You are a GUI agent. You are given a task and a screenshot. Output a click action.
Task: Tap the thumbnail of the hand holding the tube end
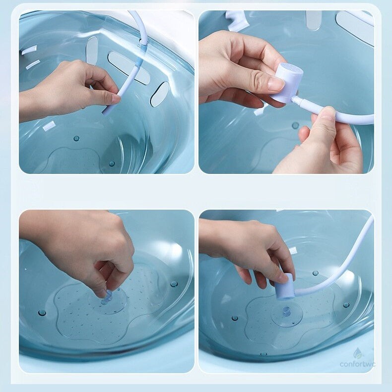point(115,99)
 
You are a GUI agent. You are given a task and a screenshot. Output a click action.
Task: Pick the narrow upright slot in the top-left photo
point(92,51)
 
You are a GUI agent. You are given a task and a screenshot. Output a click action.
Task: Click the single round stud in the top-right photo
point(296,125)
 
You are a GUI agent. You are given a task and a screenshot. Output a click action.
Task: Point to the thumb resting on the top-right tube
point(325,115)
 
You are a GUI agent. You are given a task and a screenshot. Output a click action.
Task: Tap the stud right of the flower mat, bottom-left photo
point(174,284)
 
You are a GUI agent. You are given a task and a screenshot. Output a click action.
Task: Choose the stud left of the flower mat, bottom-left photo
point(42,313)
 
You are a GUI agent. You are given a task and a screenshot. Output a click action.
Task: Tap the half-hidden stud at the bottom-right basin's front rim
point(263,354)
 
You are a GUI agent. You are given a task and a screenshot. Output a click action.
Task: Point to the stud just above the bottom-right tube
point(316,273)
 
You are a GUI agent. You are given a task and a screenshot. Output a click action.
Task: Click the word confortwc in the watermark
point(357,364)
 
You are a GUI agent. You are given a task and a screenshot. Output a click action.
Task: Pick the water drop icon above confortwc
point(357,353)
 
